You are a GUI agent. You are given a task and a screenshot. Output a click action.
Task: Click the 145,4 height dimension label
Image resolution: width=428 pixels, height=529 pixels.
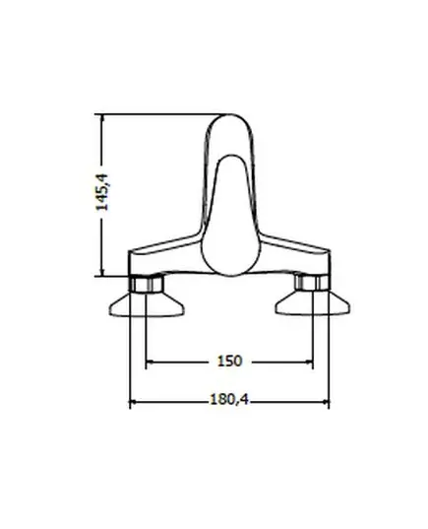coord(102,192)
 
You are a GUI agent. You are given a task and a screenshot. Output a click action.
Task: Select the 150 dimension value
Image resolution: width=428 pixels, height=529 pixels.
coord(230,362)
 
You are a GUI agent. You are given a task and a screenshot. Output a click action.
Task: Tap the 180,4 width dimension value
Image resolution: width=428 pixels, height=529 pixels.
coord(229,400)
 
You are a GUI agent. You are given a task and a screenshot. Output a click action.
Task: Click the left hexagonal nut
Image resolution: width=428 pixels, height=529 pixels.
coord(147,283)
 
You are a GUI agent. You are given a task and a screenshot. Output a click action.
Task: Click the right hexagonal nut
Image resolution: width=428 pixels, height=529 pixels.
coord(312,283)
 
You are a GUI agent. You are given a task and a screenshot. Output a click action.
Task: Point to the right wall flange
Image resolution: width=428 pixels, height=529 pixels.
coord(313,303)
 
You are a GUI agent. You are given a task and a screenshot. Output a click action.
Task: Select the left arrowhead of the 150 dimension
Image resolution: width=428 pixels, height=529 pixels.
coord(150,362)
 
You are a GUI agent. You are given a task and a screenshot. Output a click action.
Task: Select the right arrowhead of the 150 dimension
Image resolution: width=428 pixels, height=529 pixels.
coord(309,362)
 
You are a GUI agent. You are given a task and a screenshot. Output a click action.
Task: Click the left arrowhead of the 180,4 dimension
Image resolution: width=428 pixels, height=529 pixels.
coord(134,402)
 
